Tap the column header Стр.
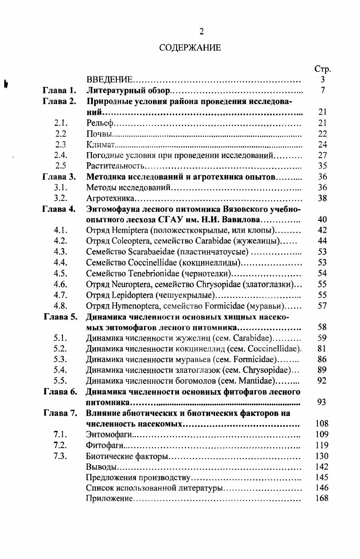(x=322, y=69)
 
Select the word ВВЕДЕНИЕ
(x=109, y=80)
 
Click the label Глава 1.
(x=59, y=91)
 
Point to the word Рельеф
(x=99, y=123)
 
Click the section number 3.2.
(x=61, y=198)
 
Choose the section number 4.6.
(x=61, y=284)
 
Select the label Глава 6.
(x=59, y=392)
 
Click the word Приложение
(x=109, y=499)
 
